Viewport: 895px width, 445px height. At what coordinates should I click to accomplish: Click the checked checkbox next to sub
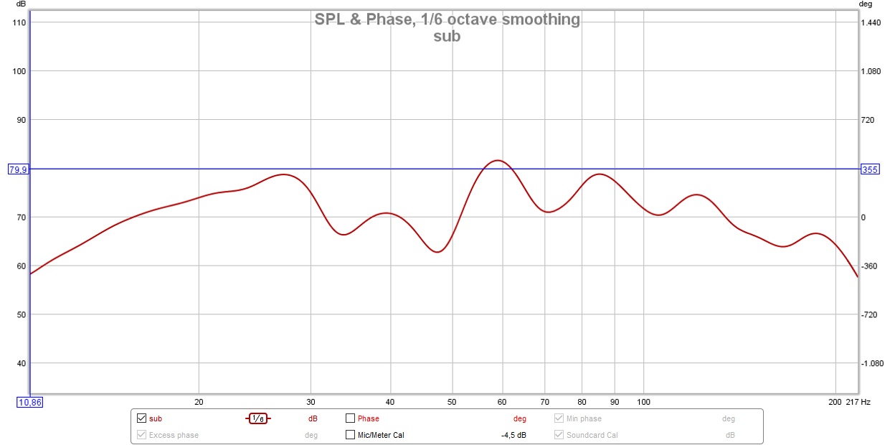(x=141, y=418)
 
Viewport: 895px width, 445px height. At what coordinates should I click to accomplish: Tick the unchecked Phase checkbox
(x=351, y=418)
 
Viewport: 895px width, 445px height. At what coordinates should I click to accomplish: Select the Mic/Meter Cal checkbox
(x=351, y=434)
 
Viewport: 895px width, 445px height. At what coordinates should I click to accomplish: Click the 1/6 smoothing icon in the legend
(x=258, y=418)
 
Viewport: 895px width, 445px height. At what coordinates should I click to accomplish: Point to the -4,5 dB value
(x=513, y=435)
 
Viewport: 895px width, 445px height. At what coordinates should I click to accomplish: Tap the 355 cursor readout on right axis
(x=869, y=169)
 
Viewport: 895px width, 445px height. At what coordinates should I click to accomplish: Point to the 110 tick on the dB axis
(x=19, y=22)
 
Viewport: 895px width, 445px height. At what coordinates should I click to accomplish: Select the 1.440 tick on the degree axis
(x=871, y=22)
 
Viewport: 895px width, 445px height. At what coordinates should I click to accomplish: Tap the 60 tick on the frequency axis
(x=502, y=401)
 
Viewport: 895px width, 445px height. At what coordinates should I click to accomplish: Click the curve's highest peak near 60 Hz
(x=498, y=160)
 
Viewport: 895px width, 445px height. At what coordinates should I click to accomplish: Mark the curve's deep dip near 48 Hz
(x=438, y=252)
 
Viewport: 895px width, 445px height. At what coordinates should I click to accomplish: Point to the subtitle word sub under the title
(x=447, y=36)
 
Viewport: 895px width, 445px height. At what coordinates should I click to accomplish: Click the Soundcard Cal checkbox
(x=559, y=434)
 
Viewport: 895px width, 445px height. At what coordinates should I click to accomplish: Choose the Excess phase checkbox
(x=141, y=434)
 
